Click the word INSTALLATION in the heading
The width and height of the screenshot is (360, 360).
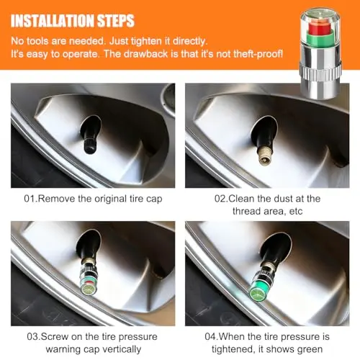(x=53, y=21)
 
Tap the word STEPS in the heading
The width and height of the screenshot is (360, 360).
(x=116, y=21)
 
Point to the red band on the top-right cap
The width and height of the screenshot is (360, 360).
(x=319, y=29)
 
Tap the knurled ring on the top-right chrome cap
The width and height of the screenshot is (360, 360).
(x=320, y=72)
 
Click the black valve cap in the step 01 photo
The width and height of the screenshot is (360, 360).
(x=90, y=145)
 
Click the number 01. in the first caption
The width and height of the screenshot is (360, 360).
(x=31, y=199)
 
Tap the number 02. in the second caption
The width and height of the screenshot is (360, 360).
(x=221, y=199)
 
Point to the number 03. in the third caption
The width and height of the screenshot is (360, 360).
(x=34, y=337)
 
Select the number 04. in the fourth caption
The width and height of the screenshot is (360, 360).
(x=212, y=337)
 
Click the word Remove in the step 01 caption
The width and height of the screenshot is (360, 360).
(x=57, y=199)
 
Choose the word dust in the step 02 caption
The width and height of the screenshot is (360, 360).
(x=283, y=199)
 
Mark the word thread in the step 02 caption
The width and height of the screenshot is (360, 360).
(x=246, y=212)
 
